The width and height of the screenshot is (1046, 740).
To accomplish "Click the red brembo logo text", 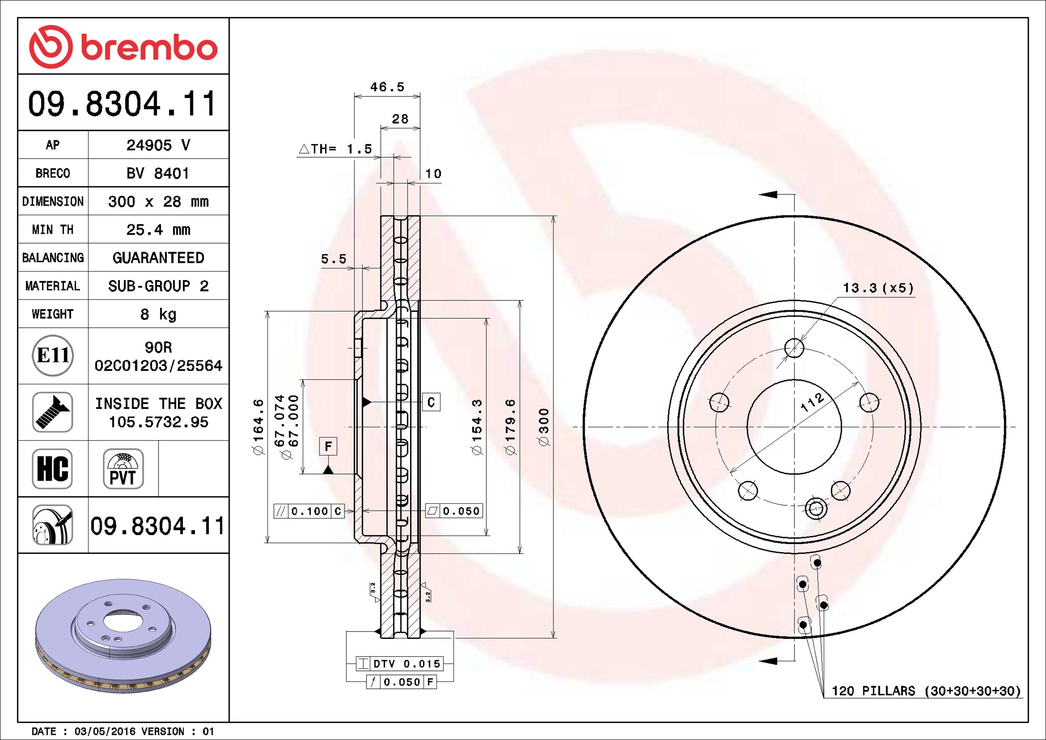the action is coord(149,48).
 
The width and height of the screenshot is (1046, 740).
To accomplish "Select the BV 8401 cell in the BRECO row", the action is coord(158,173).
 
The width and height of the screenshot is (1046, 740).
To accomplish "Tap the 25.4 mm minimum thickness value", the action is coord(158,230).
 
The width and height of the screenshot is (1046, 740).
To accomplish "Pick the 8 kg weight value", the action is coord(158,314).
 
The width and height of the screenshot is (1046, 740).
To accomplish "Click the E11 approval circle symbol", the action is coord(53,355).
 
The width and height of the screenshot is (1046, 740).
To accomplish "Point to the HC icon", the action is coord(53,468).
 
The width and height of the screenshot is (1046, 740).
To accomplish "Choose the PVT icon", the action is coord(123,468).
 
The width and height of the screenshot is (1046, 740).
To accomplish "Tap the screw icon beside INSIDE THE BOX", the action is coord(53,412).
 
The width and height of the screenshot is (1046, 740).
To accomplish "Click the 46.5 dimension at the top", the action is coord(387,87).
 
